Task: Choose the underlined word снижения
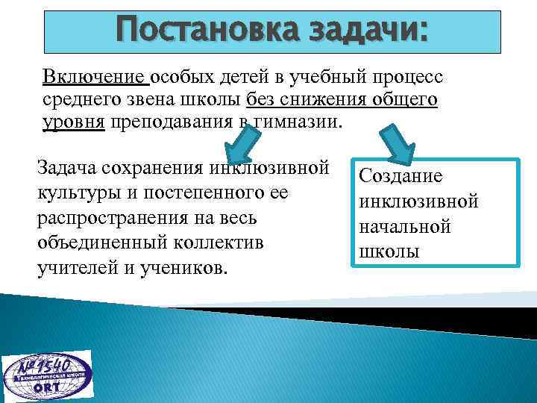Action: [327, 100]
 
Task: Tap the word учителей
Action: [75, 268]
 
